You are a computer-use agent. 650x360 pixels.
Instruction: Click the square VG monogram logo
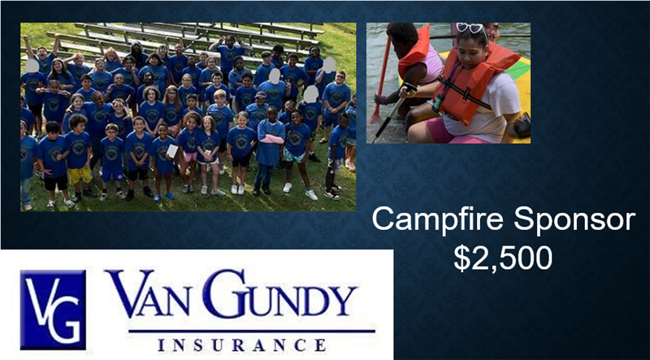[x=53, y=310]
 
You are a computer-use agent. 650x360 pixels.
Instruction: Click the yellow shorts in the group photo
[x=80, y=176]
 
